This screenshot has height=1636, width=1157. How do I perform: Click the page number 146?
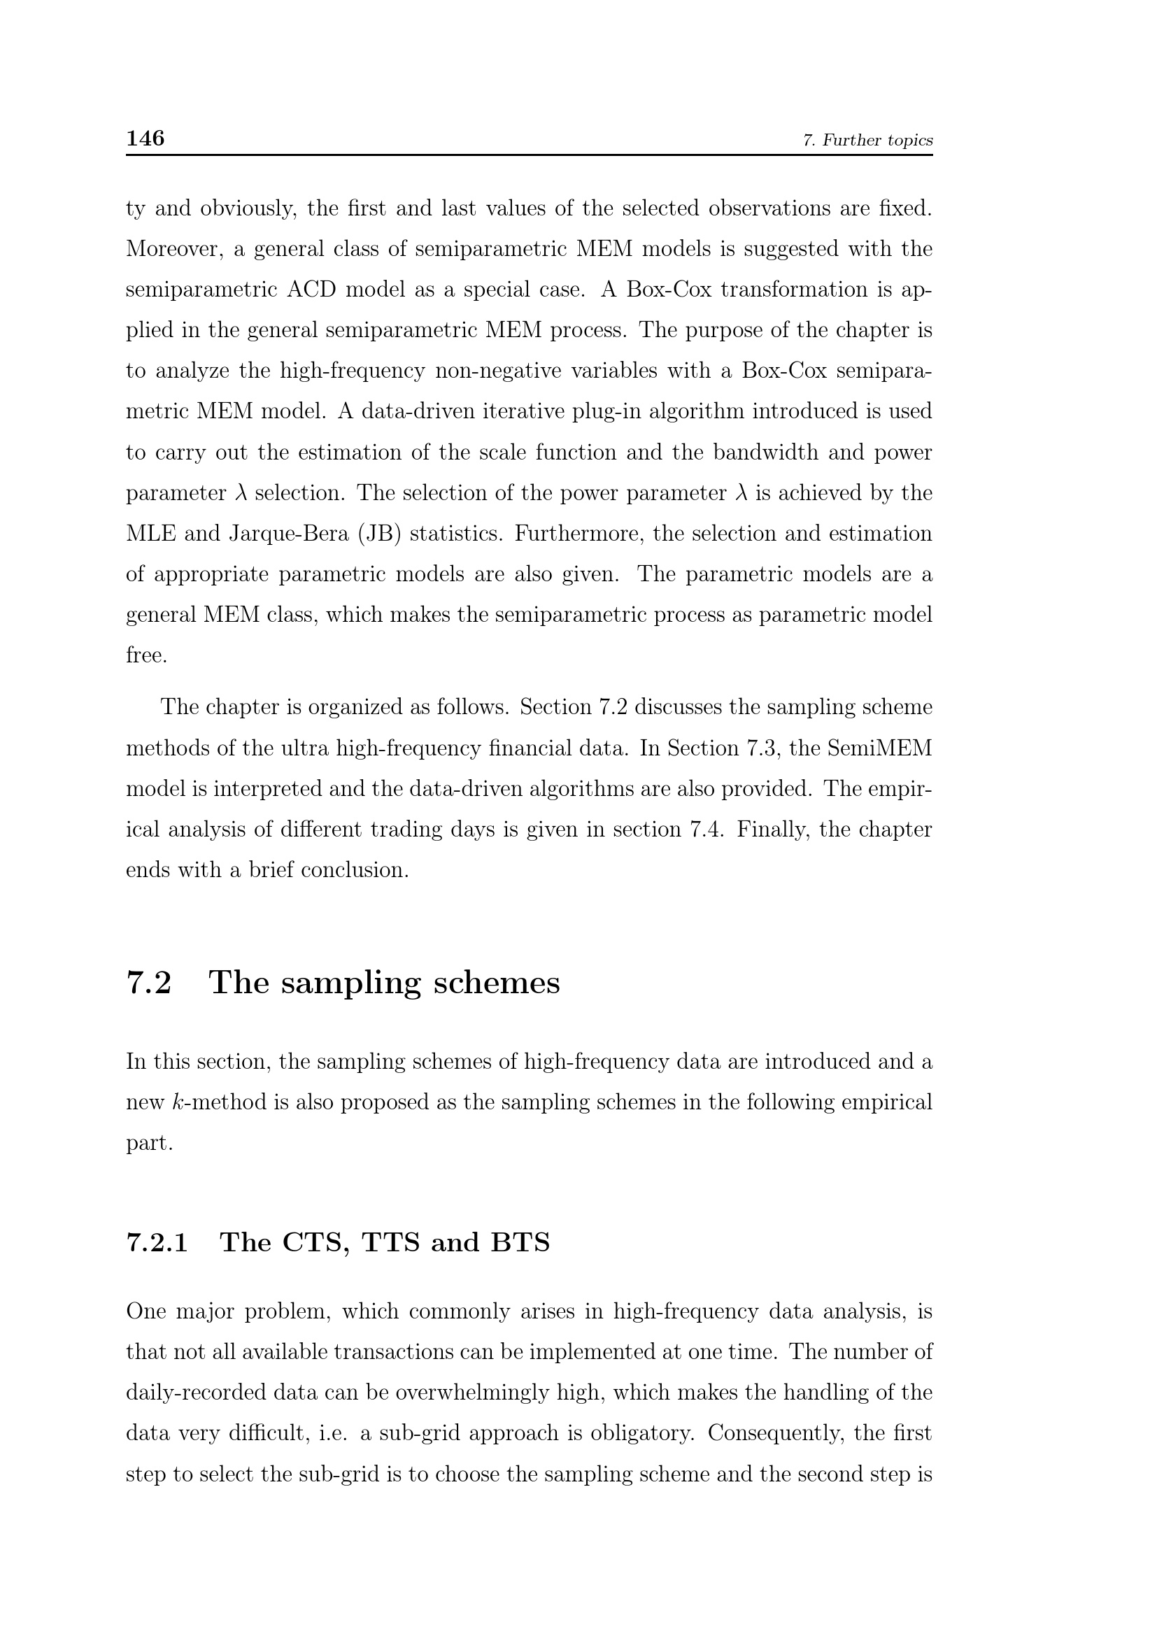click(145, 138)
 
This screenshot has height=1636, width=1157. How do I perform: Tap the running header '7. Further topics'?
click(867, 141)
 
